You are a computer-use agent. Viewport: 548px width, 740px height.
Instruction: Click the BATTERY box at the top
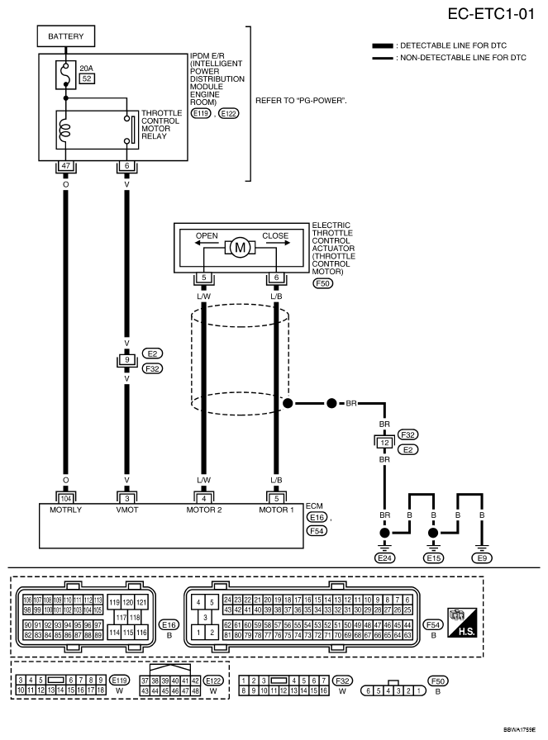tap(66, 37)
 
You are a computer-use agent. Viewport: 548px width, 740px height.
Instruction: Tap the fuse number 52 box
tap(86, 79)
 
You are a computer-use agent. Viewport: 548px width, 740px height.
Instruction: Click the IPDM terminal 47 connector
tap(66, 166)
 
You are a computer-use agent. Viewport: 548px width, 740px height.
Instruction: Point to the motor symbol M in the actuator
tap(241, 246)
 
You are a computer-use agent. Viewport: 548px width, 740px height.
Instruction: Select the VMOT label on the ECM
tap(126, 510)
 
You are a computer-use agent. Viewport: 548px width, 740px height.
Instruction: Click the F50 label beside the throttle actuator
tap(322, 282)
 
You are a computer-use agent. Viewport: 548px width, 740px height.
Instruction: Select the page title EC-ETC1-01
tap(491, 14)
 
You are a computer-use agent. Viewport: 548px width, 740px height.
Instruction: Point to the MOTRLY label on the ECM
tap(66, 510)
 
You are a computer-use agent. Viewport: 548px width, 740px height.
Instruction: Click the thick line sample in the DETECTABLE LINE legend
tap(382, 45)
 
